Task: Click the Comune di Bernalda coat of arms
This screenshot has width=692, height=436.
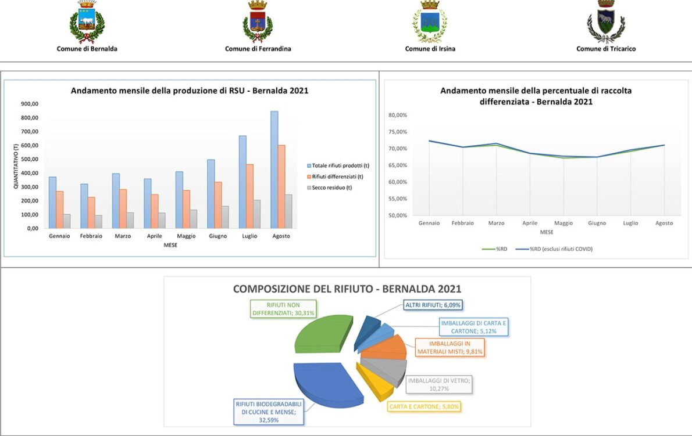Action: pyautogui.click(x=87, y=22)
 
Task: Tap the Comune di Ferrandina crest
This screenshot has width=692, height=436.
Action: pyautogui.click(x=258, y=21)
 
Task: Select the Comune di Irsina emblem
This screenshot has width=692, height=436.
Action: pyautogui.click(x=430, y=22)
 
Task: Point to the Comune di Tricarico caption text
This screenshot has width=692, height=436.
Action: pyautogui.click(x=606, y=49)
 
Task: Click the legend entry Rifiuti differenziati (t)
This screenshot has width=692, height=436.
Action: pyautogui.click(x=337, y=176)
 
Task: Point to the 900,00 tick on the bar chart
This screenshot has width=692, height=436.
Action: pyautogui.click(x=29, y=104)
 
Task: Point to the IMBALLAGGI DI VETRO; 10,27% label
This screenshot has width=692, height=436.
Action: pyautogui.click(x=438, y=384)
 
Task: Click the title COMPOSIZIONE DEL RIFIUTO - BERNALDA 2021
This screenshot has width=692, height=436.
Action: pyautogui.click(x=347, y=289)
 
